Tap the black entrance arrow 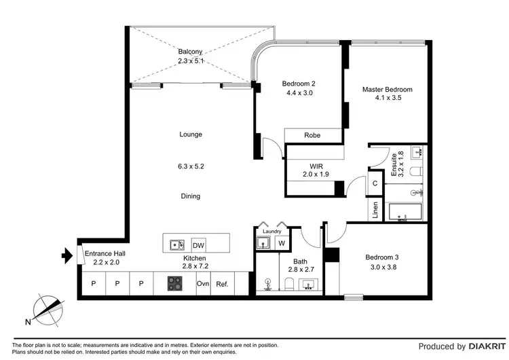tap(66, 256)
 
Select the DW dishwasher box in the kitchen tap(198, 245)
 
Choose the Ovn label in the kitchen tap(202, 284)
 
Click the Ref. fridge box tap(222, 284)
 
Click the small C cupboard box tap(375, 183)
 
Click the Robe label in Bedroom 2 tap(312, 135)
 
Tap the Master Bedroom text tap(387, 94)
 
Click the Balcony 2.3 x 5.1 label tap(191, 56)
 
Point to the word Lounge tap(191, 134)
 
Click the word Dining tap(191, 196)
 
